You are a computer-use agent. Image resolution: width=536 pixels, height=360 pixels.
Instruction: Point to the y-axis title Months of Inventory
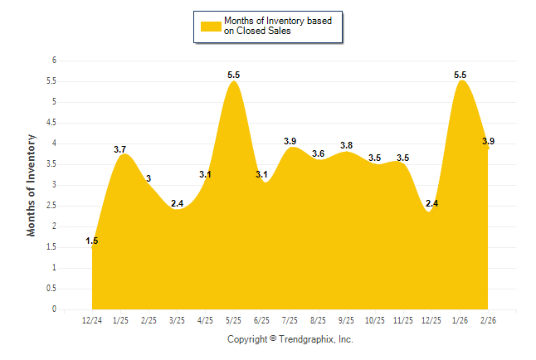pyautogui.click(x=32, y=185)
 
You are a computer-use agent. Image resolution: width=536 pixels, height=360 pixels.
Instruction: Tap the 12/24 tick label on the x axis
pyautogui.click(x=92, y=320)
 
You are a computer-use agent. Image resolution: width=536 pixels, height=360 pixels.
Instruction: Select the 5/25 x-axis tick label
pyautogui.click(x=233, y=320)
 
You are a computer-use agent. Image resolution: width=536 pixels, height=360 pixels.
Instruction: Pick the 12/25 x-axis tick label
pyautogui.click(x=431, y=320)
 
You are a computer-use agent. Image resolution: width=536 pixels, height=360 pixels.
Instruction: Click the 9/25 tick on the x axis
pyautogui.click(x=346, y=320)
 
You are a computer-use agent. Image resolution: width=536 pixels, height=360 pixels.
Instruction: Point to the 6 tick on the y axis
pyautogui.click(x=54, y=61)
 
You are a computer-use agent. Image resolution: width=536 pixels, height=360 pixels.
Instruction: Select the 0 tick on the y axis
pyautogui.click(x=54, y=309)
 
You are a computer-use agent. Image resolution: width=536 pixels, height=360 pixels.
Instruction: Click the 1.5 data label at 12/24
pyautogui.click(x=92, y=241)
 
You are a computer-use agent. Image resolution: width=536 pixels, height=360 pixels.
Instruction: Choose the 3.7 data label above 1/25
pyautogui.click(x=120, y=149)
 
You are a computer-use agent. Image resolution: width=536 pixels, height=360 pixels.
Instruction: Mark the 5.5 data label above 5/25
pyautogui.click(x=233, y=75)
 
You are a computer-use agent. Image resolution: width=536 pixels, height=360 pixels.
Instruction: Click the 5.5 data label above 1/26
pyautogui.click(x=460, y=75)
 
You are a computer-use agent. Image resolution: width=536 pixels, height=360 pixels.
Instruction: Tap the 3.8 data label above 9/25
pyautogui.click(x=346, y=145)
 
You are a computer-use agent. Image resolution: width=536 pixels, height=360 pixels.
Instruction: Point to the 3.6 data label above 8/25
pyautogui.click(x=318, y=153)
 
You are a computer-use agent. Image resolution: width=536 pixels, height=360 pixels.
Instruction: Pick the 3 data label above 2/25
pyautogui.click(x=149, y=178)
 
